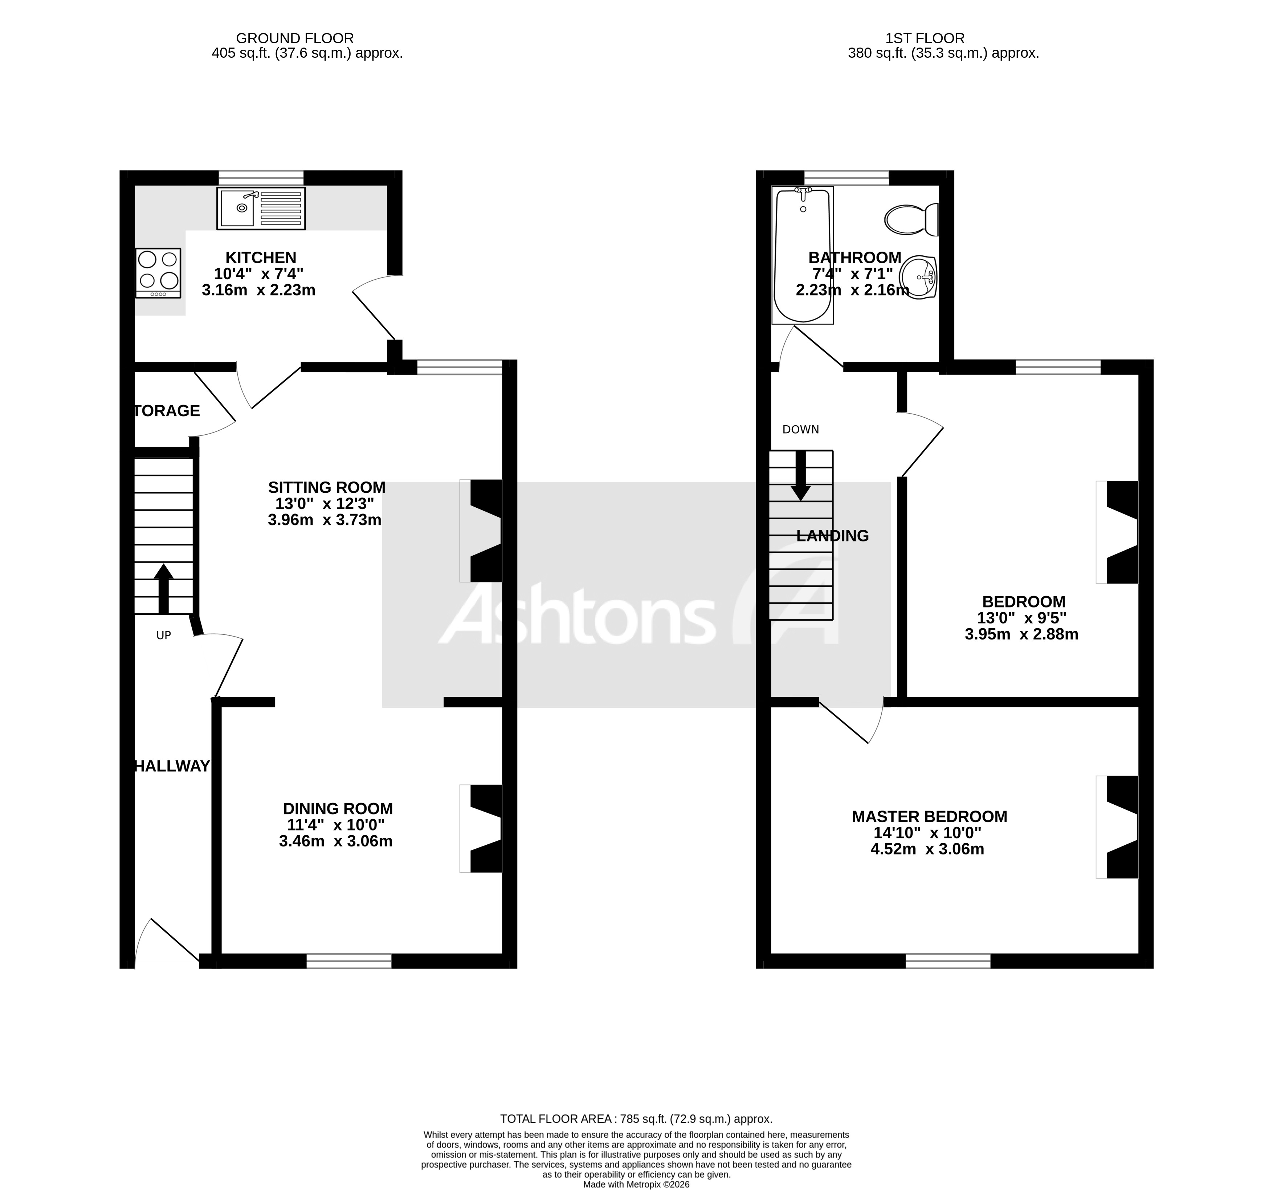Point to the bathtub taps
[803, 191]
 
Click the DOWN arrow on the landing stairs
[800, 475]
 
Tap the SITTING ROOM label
[327, 487]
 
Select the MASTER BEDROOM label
[929, 817]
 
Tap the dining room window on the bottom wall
[349, 961]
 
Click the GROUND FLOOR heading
[294, 38]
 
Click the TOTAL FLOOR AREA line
[636, 1119]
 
